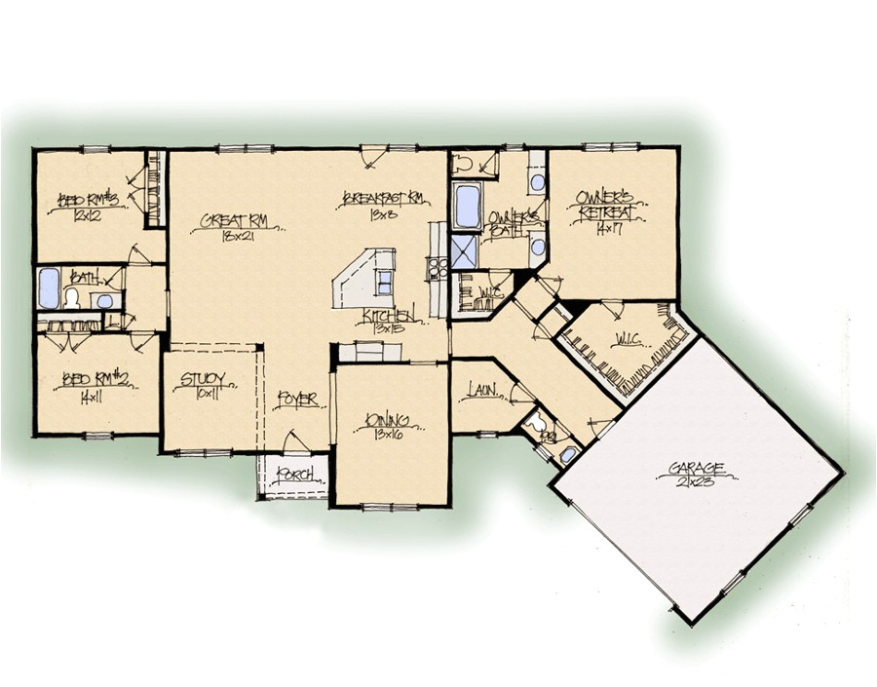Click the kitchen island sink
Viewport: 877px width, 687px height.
[x=384, y=284]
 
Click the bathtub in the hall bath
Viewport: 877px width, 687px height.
[x=48, y=288]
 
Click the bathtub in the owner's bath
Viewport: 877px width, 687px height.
[x=468, y=206]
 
